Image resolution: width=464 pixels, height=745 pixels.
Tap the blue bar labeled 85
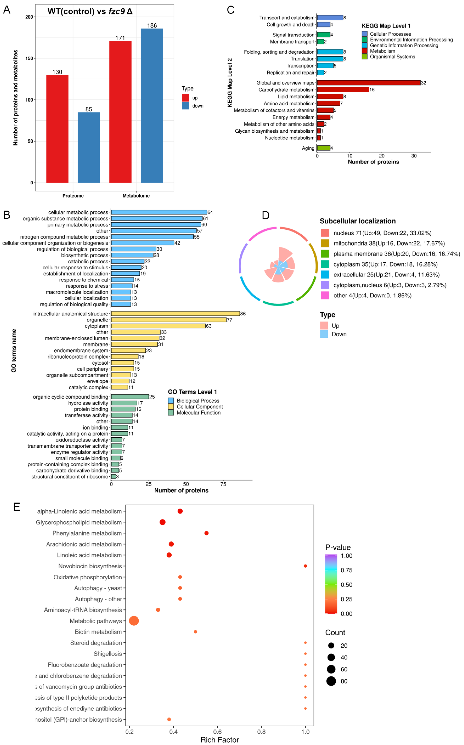click(x=89, y=147)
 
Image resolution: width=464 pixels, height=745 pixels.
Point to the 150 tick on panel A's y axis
click(x=29, y=58)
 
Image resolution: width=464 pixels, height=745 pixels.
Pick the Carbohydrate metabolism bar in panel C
click(x=343, y=90)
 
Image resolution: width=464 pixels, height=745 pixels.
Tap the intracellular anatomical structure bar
click(x=175, y=314)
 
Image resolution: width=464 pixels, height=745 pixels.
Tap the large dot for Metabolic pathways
click(x=134, y=621)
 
